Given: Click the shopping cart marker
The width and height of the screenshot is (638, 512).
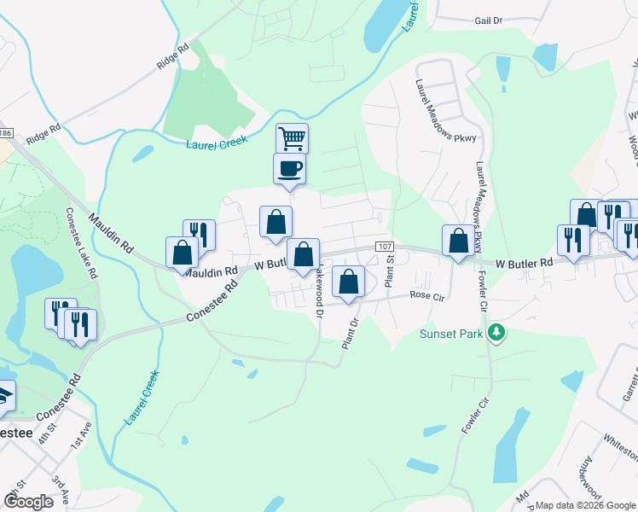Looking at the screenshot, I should coord(292,137).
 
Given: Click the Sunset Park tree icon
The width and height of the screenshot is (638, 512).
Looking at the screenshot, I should coord(493,333).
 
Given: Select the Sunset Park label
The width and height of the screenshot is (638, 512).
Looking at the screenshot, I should coord(451,334).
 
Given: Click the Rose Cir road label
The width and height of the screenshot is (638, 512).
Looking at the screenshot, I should coord(427,295).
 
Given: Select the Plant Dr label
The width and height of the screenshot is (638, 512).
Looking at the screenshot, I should coord(347,333).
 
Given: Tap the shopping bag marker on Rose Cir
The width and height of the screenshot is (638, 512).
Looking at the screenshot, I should coord(348,282).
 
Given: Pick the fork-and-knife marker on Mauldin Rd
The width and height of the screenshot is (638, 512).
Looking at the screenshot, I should coord(199,235).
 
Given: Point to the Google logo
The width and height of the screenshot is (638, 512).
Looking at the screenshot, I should coord(28,501).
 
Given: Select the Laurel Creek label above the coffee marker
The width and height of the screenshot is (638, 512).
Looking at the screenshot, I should coord(216,142).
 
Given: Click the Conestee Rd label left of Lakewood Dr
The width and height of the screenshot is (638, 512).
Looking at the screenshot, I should coord(217,307).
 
